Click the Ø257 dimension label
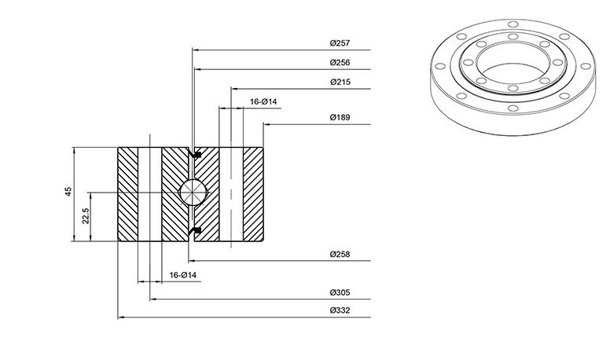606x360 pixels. (x=340, y=43)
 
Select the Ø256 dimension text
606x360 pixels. (x=340, y=62)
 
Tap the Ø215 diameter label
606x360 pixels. (x=340, y=82)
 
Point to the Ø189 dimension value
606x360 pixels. (x=340, y=117)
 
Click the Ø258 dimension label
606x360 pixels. (x=340, y=254)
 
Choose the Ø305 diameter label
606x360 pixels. (x=340, y=292)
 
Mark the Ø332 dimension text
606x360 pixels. (x=340, y=310)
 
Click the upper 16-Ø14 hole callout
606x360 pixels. (x=263, y=101)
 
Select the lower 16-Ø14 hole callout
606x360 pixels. (x=183, y=275)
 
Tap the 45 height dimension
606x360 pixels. (x=68, y=192)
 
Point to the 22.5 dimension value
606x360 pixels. (x=86, y=216)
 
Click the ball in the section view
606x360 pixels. (x=193, y=192)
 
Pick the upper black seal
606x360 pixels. (x=196, y=155)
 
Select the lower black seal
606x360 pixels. (x=196, y=230)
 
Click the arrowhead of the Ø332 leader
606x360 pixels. (x=120, y=317)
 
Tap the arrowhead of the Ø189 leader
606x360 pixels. (x=266, y=124)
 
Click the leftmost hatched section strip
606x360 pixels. (x=127, y=194)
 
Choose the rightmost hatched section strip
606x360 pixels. (x=253, y=194)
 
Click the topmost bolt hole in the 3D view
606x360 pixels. (x=512, y=24)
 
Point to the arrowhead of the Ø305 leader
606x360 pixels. (x=152, y=299)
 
